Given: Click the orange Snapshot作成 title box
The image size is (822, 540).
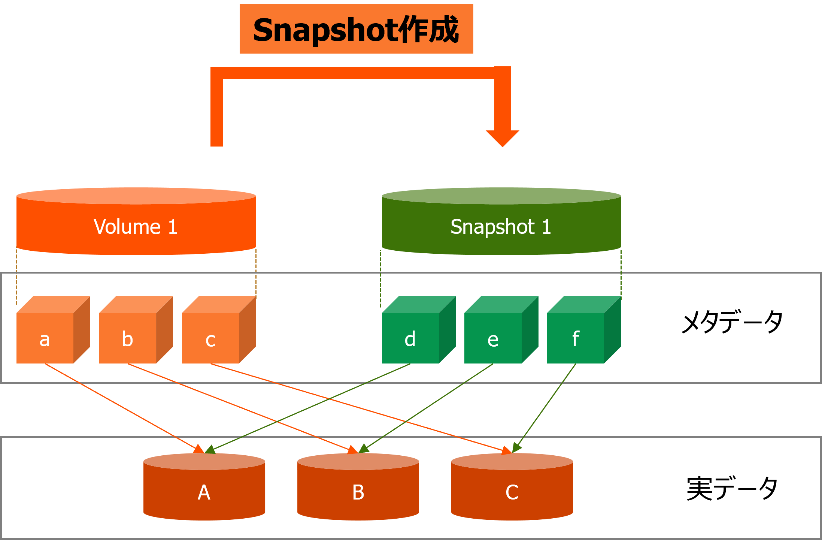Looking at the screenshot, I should pyautogui.click(x=356, y=29).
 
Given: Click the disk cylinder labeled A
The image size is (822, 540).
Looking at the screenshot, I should pyautogui.click(x=204, y=487).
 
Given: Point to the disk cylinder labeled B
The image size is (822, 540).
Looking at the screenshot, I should pyautogui.click(x=358, y=487).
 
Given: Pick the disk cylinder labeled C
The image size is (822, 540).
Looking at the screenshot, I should pyautogui.click(x=512, y=487).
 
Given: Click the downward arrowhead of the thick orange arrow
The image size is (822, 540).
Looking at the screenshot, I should pyautogui.click(x=503, y=138).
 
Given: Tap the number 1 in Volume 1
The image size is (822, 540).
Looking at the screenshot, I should pyautogui.click(x=172, y=227).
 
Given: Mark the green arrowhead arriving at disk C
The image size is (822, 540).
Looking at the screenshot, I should pyautogui.click(x=517, y=448).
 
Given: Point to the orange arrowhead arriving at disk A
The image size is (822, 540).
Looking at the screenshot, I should pyautogui.click(x=199, y=449).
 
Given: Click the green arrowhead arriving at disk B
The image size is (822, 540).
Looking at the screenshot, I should pyautogui.click(x=364, y=448).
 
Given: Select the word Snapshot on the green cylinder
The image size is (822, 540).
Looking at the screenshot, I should pyautogui.click(x=492, y=227).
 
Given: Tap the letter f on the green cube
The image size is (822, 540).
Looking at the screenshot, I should pyautogui.click(x=576, y=339).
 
